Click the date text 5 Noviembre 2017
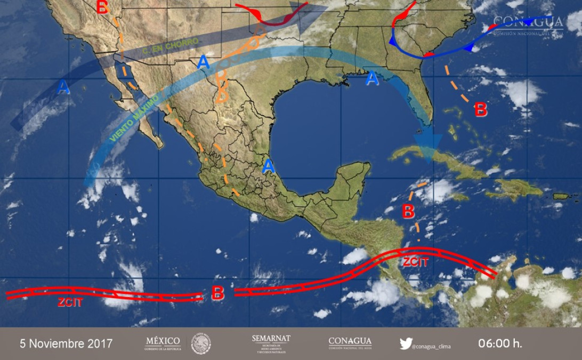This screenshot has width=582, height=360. coord(66,343)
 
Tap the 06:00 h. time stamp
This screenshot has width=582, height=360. coord(500,343)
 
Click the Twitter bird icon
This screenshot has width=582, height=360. coord(406,343)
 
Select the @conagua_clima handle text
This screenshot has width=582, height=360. coord(432,346)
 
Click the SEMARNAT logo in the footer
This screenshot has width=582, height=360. coord(271,344)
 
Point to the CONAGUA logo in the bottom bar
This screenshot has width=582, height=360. coord(350,343)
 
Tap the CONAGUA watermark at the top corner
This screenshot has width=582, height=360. coord(528,25)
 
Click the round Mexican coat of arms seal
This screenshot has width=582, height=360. coord(201,343)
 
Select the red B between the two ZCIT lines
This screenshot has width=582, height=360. coord(217,293)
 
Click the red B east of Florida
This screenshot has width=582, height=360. coord(481,110)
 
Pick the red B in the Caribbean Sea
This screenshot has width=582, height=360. coord(408,211)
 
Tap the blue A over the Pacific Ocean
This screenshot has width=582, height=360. coord(63,87)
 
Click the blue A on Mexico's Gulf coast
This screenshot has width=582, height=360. coord(268,166)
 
